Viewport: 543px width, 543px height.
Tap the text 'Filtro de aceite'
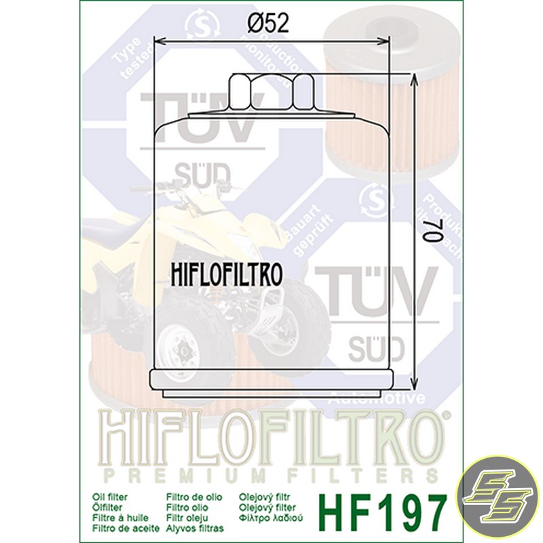(121, 527)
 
